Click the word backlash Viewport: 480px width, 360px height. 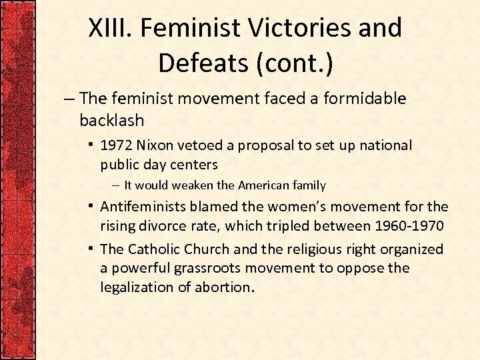111,120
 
